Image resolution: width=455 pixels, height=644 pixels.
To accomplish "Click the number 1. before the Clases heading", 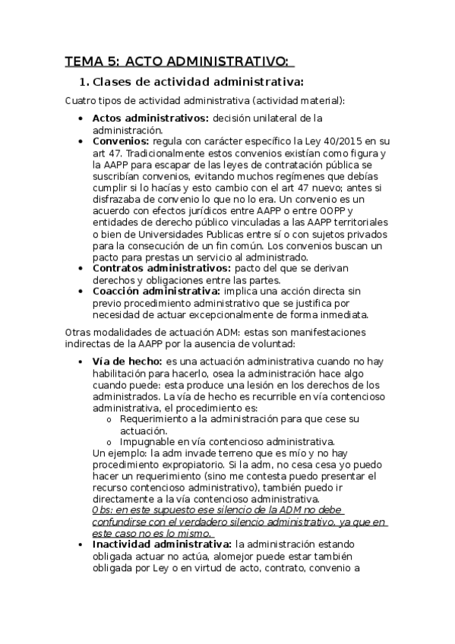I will click(84, 82).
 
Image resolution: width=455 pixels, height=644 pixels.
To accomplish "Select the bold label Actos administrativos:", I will click(150, 118).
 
